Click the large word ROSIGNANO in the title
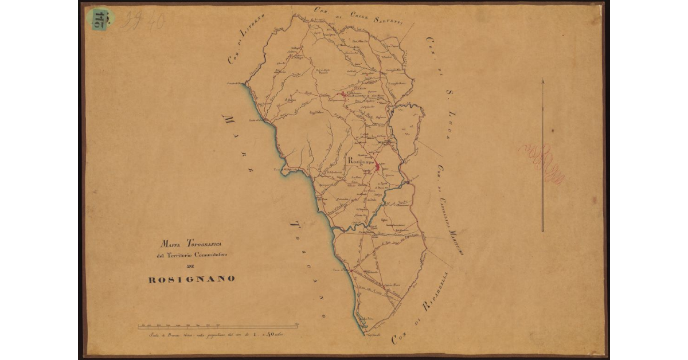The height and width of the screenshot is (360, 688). tap(191, 279)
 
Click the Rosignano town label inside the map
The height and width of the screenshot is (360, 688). tap(361, 162)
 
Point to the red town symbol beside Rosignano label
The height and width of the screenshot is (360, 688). tap(377, 167)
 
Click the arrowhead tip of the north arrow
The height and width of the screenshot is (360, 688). tap(542, 80)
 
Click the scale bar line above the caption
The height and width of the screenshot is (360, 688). tap(218, 327)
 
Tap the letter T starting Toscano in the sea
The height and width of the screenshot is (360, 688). tap(294, 224)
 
